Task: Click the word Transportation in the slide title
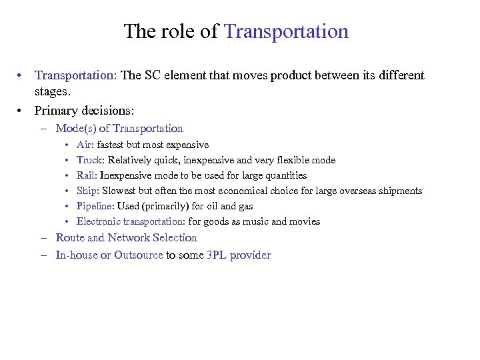point(286,31)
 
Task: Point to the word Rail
point(86,175)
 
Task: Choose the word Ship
point(87,191)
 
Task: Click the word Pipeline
point(94,206)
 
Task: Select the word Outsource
point(138,255)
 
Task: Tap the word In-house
point(76,255)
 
